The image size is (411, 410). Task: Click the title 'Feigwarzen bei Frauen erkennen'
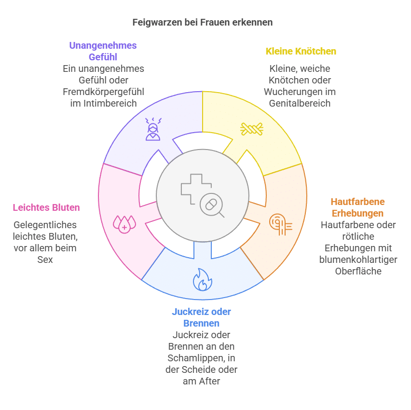[203, 23]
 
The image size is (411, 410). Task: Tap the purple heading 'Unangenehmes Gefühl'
[103, 51]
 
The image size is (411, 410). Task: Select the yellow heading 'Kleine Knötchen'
[301, 51]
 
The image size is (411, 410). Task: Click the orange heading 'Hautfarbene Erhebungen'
[357, 207]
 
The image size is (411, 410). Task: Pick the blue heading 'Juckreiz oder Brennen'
[201, 317]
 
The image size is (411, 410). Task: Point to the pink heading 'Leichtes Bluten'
[46, 207]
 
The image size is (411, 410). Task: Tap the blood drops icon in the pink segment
[124, 224]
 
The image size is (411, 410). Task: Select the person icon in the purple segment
[153, 129]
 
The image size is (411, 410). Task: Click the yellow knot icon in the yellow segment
[252, 129]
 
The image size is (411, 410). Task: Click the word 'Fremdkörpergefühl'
[103, 92]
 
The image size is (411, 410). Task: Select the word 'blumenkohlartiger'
[358, 260]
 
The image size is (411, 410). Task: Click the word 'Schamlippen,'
[197, 358]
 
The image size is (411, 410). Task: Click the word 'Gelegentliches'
[45, 225]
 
